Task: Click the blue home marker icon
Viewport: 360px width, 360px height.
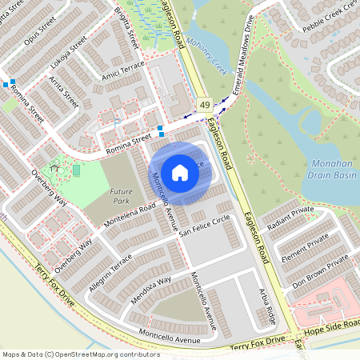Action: (180, 172)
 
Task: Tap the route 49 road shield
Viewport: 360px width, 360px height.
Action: (206, 105)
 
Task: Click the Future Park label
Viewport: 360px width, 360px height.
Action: (121, 196)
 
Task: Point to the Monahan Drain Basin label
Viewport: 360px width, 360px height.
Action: (330, 166)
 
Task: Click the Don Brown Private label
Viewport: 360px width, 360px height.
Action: (320, 271)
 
